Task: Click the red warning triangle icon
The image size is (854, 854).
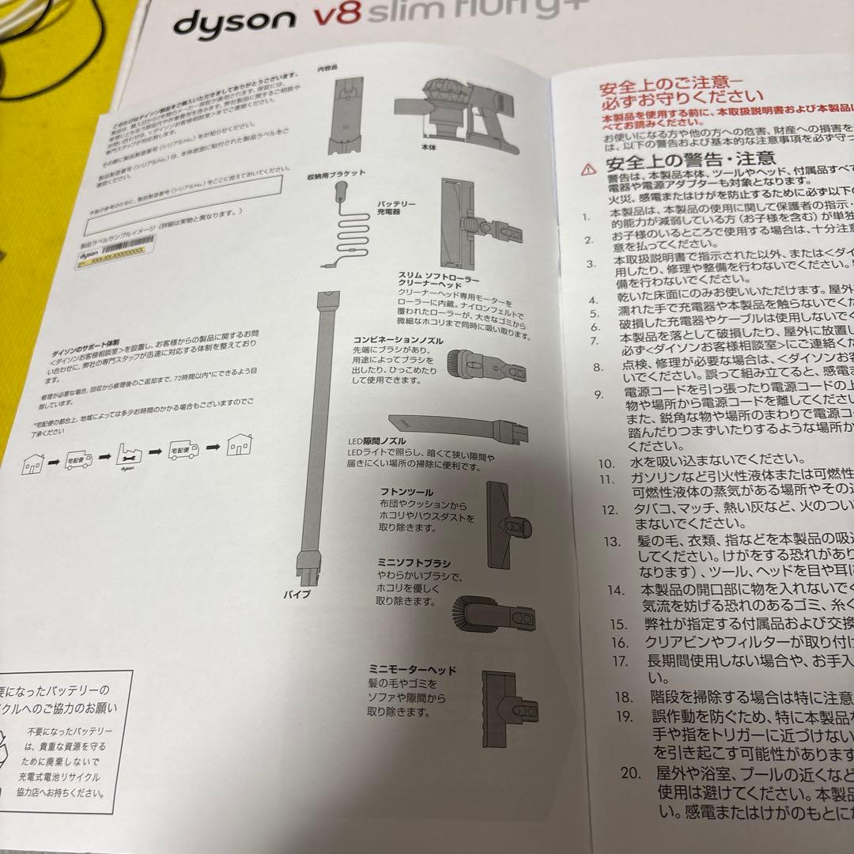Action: [587, 168]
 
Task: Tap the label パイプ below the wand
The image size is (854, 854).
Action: [303, 593]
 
